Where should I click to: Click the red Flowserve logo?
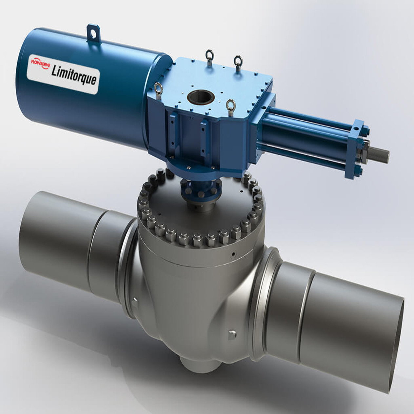coord(40,64)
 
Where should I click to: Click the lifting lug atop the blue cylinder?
coord(93,33)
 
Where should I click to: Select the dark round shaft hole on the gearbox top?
coord(201,97)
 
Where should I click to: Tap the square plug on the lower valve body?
coord(232,335)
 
